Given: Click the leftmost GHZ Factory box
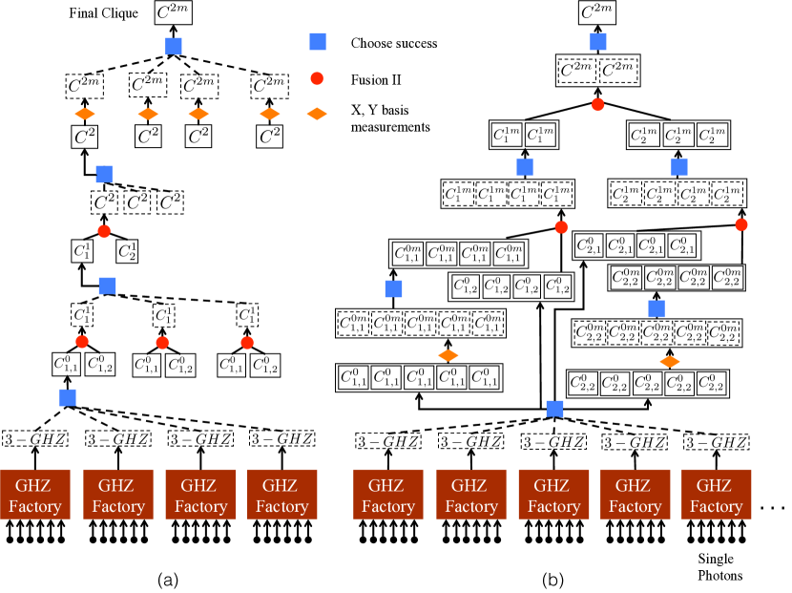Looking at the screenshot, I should coord(34,494).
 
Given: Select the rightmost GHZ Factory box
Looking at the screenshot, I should coord(716,494).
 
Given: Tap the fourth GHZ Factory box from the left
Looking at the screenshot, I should coord(281,494).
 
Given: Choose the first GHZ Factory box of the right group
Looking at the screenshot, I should coord(387,494).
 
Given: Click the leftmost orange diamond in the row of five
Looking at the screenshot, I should coord(85,115).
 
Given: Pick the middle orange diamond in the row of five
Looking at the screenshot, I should coord(198,115).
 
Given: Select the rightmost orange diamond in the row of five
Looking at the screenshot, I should coord(317,115).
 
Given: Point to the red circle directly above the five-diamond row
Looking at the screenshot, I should coord(317,78).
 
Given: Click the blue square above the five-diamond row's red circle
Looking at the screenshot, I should coord(318,41).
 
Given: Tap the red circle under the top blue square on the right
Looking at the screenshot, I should coord(597,105).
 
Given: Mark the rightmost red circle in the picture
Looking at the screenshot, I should coord(741,224).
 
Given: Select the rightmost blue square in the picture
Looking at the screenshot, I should coord(679,167).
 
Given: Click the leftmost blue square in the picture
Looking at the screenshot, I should coord(68,397).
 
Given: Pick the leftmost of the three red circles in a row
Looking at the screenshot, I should coord(82,342).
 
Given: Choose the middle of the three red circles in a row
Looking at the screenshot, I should coord(162,343).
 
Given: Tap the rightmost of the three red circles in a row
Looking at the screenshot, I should coord(247,343).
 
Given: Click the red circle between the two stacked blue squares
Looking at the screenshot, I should coord(104,231).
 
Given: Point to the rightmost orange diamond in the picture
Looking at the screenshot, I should coord(670,362).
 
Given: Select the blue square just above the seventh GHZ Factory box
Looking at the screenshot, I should coord(554,409).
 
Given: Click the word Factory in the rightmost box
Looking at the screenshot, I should coord(716,506).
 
